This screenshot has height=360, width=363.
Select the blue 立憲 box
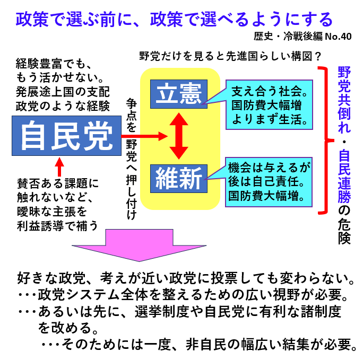(x=178, y=94)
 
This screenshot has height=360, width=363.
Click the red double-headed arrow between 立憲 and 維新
(x=178, y=137)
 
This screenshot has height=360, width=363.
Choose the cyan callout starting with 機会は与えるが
(x=269, y=181)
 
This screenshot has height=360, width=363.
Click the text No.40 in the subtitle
(x=338, y=37)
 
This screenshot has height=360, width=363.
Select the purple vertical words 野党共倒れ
(x=344, y=101)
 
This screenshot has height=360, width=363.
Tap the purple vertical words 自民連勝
(x=344, y=174)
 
